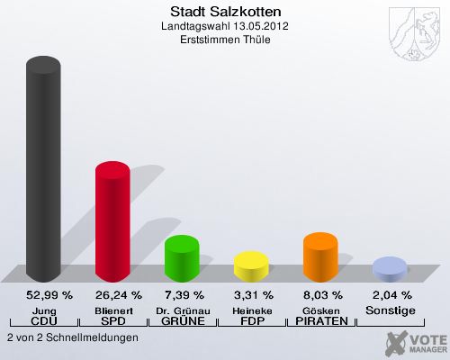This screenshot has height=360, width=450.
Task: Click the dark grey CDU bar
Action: point(43,171)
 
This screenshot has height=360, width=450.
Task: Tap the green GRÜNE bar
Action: point(181,258)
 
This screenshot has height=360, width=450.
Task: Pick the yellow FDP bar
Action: point(251,266)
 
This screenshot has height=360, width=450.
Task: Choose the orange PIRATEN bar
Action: point(320,257)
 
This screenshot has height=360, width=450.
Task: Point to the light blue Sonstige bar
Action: point(390,269)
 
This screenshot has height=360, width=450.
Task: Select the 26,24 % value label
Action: point(112,294)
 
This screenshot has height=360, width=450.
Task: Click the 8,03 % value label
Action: point(320,294)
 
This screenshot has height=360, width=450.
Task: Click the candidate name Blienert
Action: point(112,310)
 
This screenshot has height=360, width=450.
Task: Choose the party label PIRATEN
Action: point(320,321)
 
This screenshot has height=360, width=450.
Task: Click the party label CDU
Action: point(43,321)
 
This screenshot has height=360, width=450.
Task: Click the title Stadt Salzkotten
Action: point(225,12)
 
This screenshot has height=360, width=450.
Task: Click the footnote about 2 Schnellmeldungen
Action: point(72,337)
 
